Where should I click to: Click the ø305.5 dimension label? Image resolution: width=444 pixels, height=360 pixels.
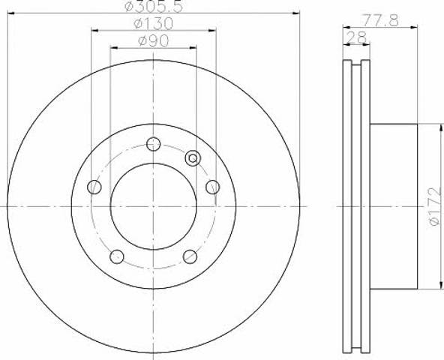coord(154,6)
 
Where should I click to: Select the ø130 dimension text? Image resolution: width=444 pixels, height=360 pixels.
coord(153,23)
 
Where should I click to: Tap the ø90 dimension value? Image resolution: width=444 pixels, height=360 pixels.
coord(153,41)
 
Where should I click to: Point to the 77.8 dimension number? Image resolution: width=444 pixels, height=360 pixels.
coord(381,20)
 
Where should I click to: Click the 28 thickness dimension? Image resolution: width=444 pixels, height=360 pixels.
coord(356,37)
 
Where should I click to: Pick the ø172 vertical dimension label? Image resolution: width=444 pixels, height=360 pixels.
coord(435,206)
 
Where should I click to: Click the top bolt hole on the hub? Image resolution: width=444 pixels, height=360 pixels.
coord(154,144)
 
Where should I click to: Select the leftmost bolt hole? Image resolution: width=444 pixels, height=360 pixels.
coord(94,187)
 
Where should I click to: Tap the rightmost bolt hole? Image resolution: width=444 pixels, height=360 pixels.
coord(213,187)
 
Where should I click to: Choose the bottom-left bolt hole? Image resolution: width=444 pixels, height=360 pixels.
coord(117,256)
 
